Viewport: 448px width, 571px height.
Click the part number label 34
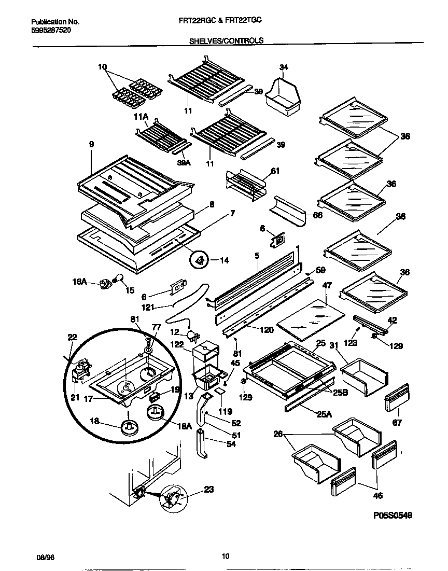(284, 67)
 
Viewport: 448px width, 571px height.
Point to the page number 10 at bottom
(225, 557)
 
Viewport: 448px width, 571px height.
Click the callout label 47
(327, 286)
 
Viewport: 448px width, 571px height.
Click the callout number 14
(224, 260)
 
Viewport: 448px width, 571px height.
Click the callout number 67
(397, 423)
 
